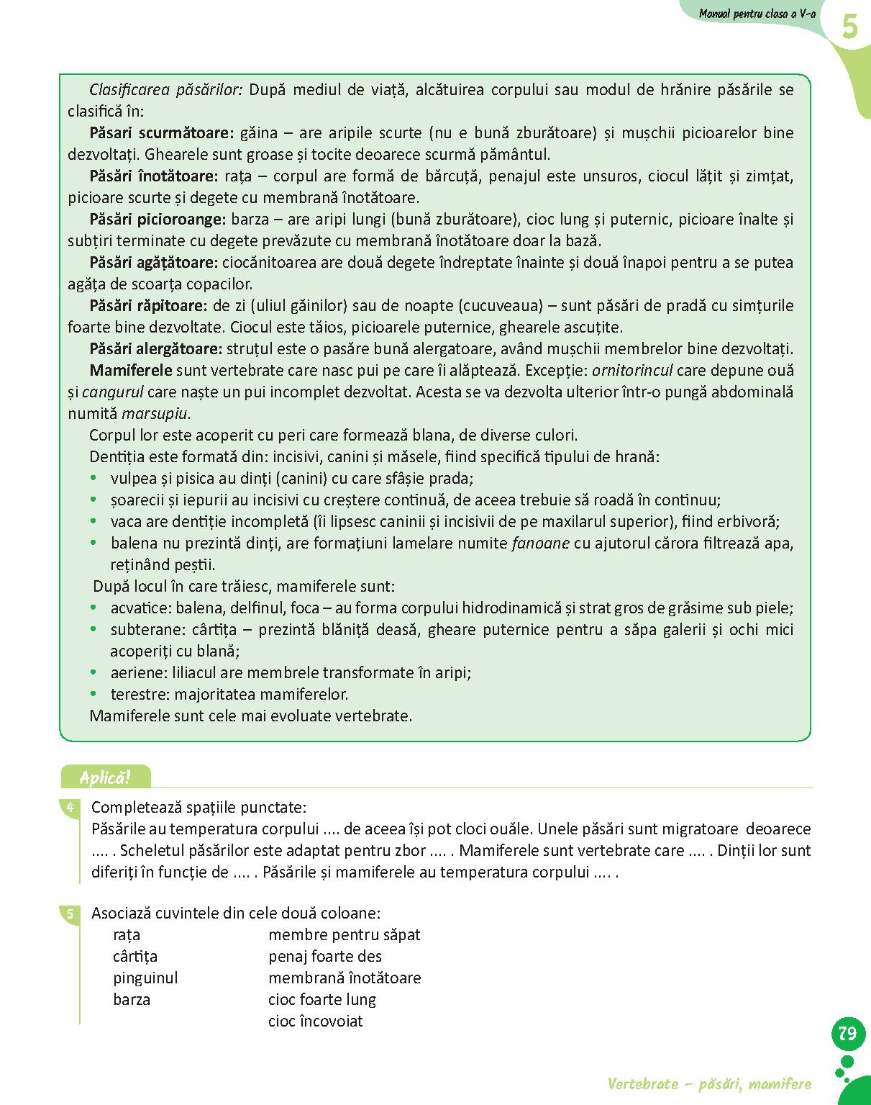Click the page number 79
847,1034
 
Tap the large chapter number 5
849,28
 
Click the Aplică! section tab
106,777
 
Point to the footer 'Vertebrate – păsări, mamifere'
709,1083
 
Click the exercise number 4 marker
70,808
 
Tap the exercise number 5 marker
70,914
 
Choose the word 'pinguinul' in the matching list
145,978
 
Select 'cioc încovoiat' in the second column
315,1021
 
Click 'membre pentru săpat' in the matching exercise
344,934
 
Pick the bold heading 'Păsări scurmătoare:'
162,132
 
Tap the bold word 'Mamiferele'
131,370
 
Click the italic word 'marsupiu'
155,413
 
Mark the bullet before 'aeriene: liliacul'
93,672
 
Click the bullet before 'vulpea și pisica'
93,477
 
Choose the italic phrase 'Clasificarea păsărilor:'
166,89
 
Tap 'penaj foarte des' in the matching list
324,956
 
